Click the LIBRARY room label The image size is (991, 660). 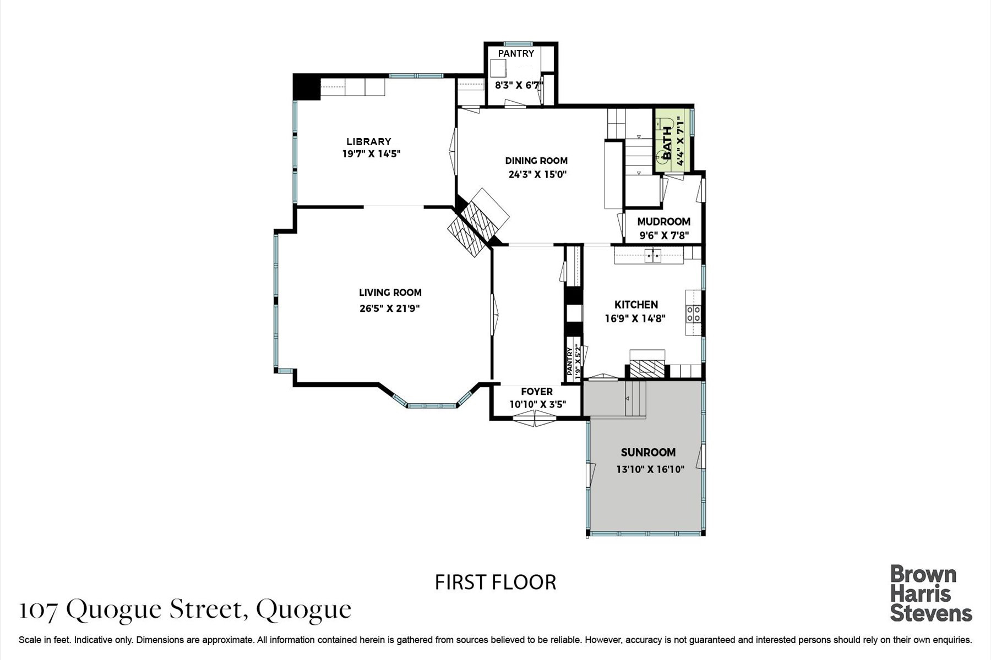pos(369,141)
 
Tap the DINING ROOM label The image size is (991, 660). pos(536,161)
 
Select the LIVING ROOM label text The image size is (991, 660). pos(390,293)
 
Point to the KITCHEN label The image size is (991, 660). pos(636,304)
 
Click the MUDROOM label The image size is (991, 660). pos(663,222)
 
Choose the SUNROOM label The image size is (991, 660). pos(648,453)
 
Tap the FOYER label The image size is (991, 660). pos(537,392)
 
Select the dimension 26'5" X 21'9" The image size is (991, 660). pos(390,309)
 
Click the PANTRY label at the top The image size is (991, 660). pos(516,53)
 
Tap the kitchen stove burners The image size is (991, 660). pos(693,313)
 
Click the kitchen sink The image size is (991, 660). pos(655,255)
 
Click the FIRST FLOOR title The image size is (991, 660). pos(495,582)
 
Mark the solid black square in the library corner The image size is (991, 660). pos(307,87)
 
